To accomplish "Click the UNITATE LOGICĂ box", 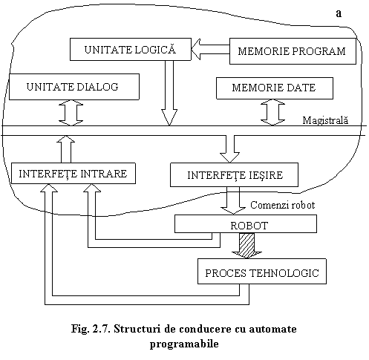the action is pos(131,49).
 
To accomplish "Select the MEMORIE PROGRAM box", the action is pos(293,51).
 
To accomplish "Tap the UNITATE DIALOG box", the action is pos(74,87).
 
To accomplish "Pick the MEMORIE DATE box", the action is pos(275,88).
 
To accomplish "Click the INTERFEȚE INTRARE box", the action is pos(74,173).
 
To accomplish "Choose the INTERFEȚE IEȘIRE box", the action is pos(234,174).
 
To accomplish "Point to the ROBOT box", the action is pos(246,223).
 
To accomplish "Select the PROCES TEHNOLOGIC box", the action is pos(262,271).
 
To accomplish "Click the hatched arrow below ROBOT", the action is pos(246,246).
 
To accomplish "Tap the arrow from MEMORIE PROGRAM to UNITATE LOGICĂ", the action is pos(210,49).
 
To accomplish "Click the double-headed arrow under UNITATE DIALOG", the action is pos(71,113).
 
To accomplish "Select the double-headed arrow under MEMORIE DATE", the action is pos(272,112).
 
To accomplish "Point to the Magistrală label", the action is pos(325,120).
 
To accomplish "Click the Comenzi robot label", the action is pos(283,205).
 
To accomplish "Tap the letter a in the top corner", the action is pos(339,13).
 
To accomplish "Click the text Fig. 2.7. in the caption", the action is pos(91,329).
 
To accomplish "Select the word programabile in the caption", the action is pos(184,344).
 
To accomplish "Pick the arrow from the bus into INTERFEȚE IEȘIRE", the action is pos(229,149).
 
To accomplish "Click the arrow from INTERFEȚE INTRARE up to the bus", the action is pos(66,149).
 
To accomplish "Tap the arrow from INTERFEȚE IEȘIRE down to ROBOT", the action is pos(233,200).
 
